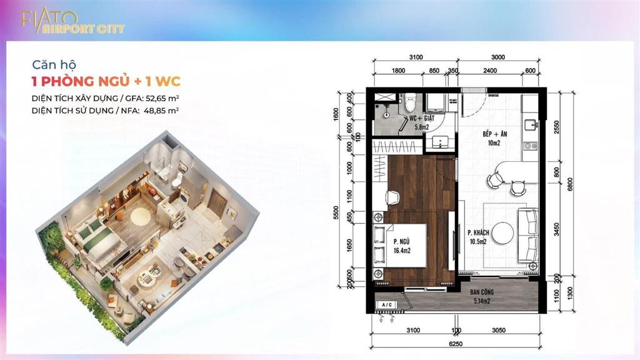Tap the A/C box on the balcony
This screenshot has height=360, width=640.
click(387, 305)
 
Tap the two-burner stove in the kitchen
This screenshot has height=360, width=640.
click(531, 147)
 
